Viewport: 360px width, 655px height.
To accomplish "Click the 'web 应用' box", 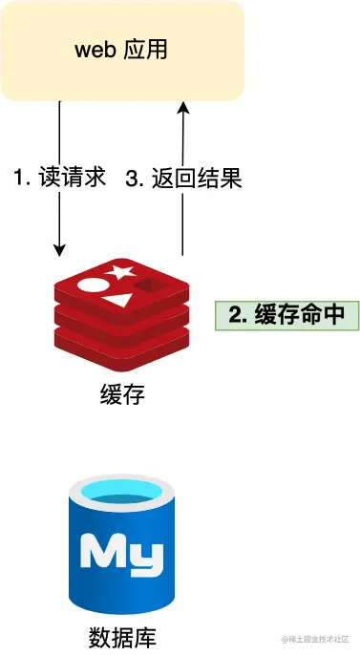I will (x=122, y=50).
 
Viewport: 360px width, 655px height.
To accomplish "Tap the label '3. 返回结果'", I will (x=184, y=178).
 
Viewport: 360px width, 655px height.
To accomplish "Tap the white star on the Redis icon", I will (x=120, y=272).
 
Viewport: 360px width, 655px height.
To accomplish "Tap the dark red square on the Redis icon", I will (x=150, y=284).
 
